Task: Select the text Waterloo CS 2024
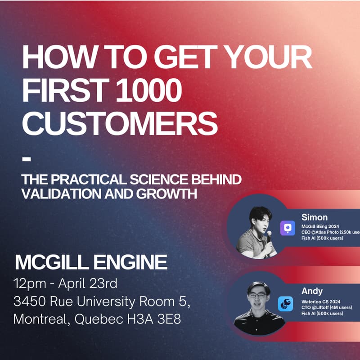320,301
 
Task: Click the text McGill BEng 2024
321,226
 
